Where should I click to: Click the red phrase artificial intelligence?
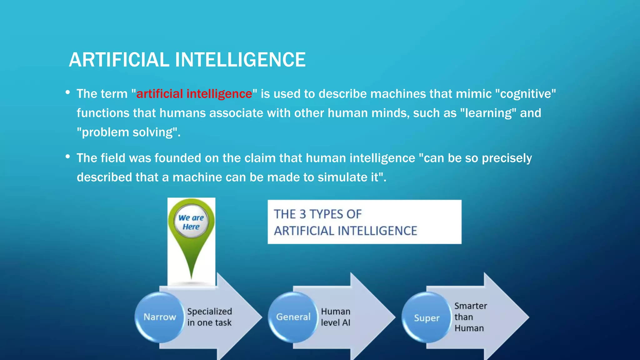coord(194,94)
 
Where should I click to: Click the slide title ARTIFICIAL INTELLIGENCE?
coord(187,60)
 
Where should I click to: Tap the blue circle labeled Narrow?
coord(160,317)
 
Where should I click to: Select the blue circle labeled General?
coord(293,317)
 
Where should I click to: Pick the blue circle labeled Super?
coord(427,318)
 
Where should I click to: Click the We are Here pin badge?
coord(191,222)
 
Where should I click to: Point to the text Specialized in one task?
coord(209,317)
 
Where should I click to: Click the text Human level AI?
coord(336,317)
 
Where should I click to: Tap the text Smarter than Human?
coord(470,317)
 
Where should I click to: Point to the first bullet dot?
coord(67,92)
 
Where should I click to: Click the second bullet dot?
coord(67,157)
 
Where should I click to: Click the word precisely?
coord(507,158)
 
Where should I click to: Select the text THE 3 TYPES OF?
coord(317,214)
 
